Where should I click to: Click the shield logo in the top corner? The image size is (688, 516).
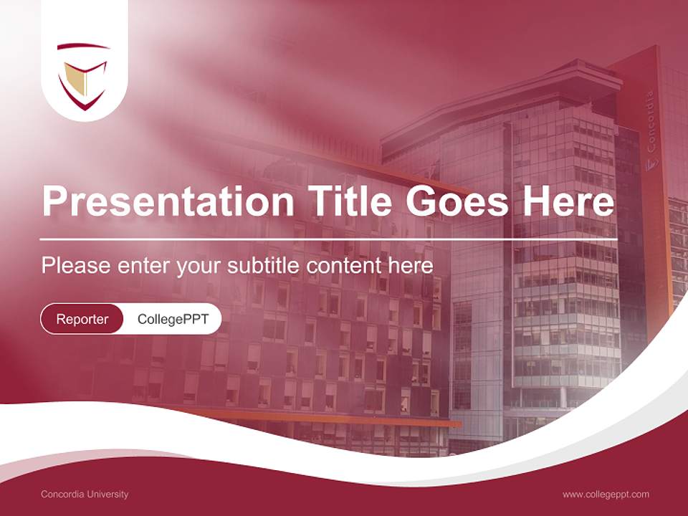click(x=83, y=75)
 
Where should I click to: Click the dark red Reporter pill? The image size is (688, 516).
click(x=82, y=319)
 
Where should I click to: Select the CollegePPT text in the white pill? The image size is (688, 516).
click(x=173, y=319)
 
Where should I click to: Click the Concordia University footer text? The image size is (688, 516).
click(x=85, y=494)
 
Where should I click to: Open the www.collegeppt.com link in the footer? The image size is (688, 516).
click(x=606, y=494)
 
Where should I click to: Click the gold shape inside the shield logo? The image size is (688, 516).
click(x=77, y=77)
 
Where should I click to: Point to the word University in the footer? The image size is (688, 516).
click(x=108, y=494)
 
